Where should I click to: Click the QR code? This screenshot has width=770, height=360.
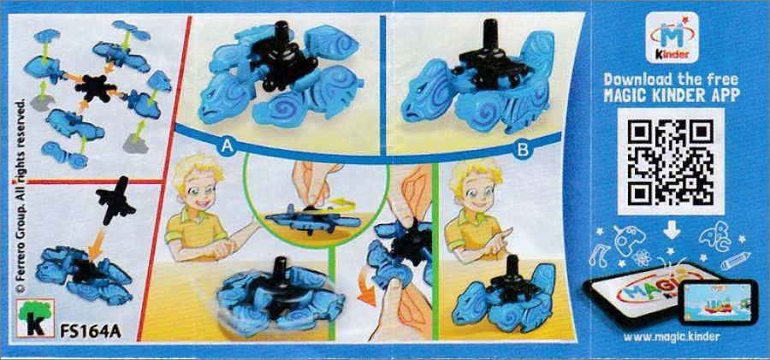click(671, 161)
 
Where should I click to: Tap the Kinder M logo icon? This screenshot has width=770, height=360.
click(672, 38)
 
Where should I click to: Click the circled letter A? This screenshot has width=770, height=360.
click(227, 146)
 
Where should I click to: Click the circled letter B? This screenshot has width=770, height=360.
click(523, 150)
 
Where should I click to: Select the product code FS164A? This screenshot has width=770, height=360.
click(91, 331)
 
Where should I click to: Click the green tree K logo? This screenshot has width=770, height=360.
click(35, 319)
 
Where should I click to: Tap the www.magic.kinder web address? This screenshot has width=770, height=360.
click(672, 336)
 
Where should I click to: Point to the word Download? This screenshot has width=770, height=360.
click(639, 80)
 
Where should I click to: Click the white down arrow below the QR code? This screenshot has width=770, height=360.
click(672, 229)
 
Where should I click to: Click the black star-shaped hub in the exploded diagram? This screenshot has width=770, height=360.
click(96, 89)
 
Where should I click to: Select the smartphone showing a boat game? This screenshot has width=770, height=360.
click(718, 302)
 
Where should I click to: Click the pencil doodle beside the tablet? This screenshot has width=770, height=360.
click(735, 260)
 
